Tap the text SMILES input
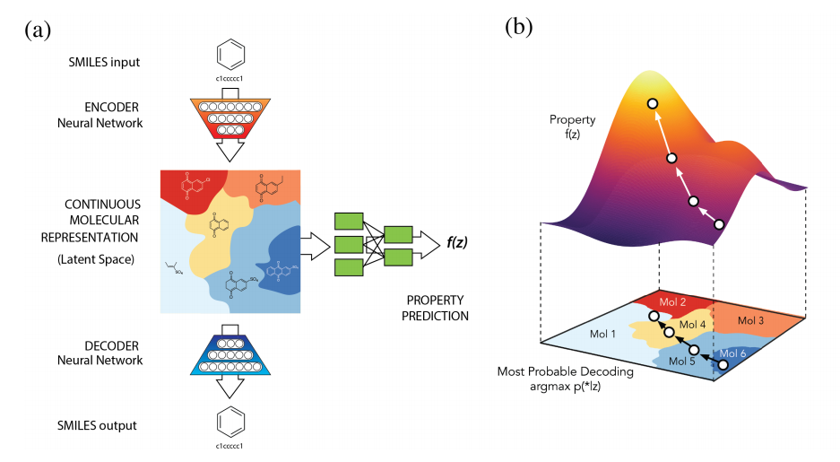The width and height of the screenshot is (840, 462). click(x=104, y=62)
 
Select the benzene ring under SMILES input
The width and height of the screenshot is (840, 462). click(x=231, y=56)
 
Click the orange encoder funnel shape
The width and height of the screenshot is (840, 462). click(x=231, y=116)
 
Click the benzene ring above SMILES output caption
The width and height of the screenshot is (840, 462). click(x=231, y=422)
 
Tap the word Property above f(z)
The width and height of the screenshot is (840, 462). click(x=572, y=119)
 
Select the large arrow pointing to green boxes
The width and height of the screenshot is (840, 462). click(x=314, y=242)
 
